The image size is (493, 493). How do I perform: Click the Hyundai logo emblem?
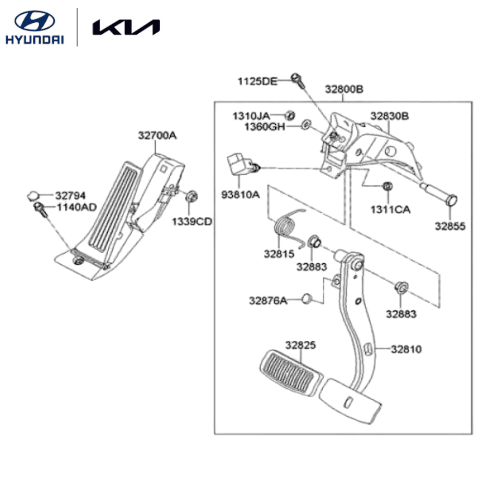point(35,21)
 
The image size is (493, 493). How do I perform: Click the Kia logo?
point(126,27)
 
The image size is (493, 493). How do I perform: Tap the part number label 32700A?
point(157,136)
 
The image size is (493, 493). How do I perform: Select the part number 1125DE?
point(257,82)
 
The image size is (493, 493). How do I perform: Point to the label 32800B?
point(344,89)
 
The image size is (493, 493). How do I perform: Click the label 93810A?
point(240,195)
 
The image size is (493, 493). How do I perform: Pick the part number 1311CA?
point(390,210)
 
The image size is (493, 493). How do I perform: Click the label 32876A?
point(268,300)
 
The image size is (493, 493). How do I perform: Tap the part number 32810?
point(406,350)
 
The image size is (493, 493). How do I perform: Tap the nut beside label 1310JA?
point(290,115)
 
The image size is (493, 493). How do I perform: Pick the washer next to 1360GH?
point(307,124)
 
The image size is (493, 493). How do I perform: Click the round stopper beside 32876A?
point(306,299)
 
